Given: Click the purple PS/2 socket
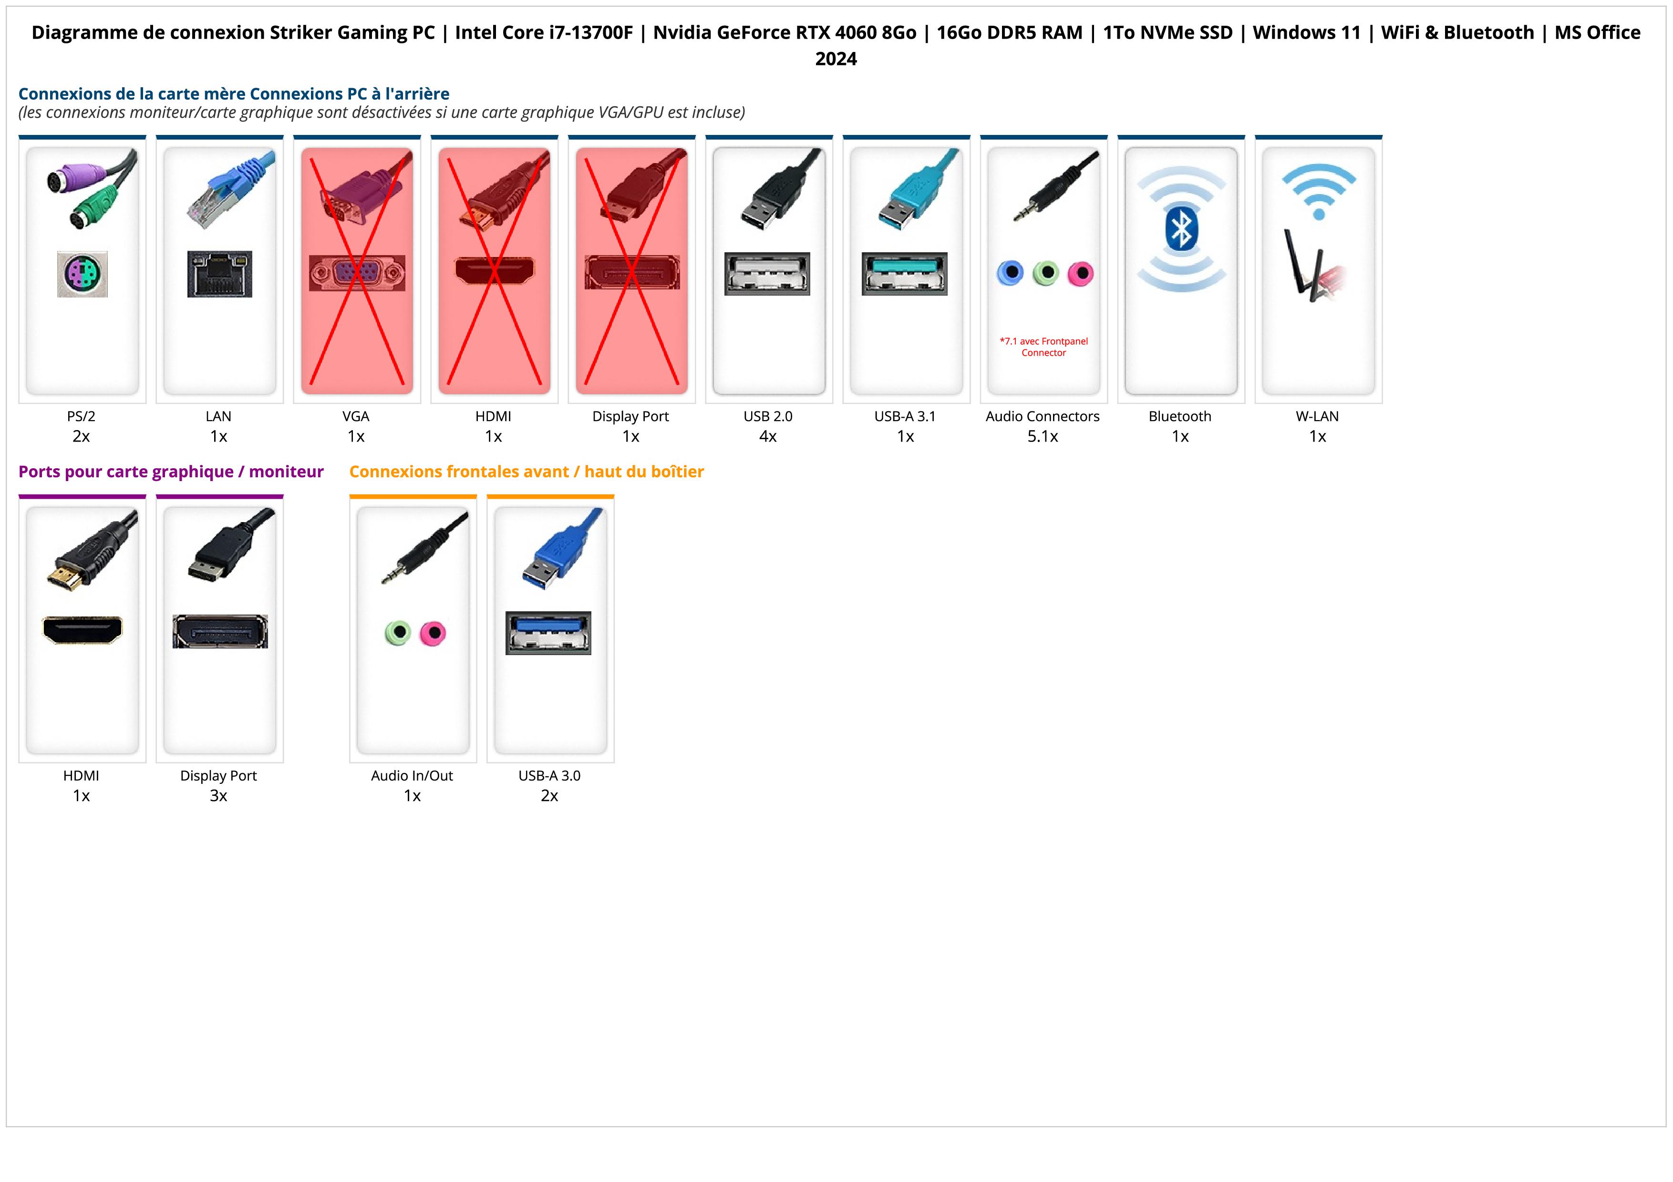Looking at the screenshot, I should pos(83,274).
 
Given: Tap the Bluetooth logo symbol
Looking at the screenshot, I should pos(1180,229).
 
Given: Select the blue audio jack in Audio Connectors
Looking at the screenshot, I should pos(1010,273).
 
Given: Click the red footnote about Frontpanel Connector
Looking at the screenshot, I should pos(1043,347).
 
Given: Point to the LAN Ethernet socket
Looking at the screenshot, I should pos(219,274).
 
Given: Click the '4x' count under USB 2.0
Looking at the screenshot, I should pos(768,436).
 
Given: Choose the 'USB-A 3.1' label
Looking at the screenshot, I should pos(905,417).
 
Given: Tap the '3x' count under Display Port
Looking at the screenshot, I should pos(218,795).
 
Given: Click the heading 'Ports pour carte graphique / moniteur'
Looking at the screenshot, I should pos(171,472).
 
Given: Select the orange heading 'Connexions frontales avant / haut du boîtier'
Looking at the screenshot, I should pos(526,472).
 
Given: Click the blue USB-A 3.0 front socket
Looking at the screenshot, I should pos(548,632).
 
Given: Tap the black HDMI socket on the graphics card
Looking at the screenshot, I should pos(83,630).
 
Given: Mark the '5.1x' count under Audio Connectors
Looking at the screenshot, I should pos(1043,436).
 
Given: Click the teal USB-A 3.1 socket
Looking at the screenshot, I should pos(904,274).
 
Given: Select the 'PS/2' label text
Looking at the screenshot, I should pos(81,417).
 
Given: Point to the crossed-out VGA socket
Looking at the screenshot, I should pos(356,273).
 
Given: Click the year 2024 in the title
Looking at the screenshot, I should pos(836,59).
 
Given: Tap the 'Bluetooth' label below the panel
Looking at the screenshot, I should pos(1180,417).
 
